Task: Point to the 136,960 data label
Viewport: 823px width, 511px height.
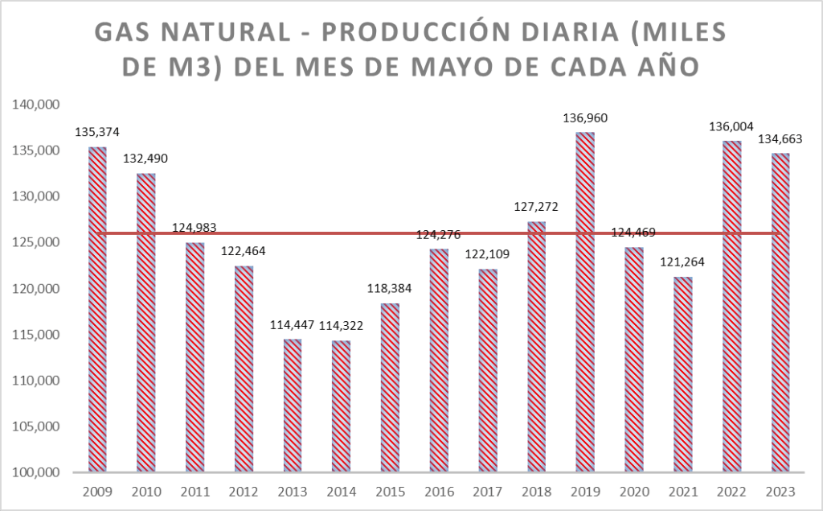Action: (584, 118)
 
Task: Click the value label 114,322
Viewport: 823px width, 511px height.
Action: (341, 326)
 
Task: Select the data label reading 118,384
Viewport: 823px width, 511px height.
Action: (390, 288)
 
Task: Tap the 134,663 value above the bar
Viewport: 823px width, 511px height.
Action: (780, 138)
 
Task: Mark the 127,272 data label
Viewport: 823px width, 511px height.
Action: (535, 207)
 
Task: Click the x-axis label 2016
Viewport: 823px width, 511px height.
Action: (438, 491)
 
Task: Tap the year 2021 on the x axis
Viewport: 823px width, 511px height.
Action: (682, 491)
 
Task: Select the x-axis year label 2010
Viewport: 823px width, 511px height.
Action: (145, 491)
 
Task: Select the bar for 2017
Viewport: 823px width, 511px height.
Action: (487, 370)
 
